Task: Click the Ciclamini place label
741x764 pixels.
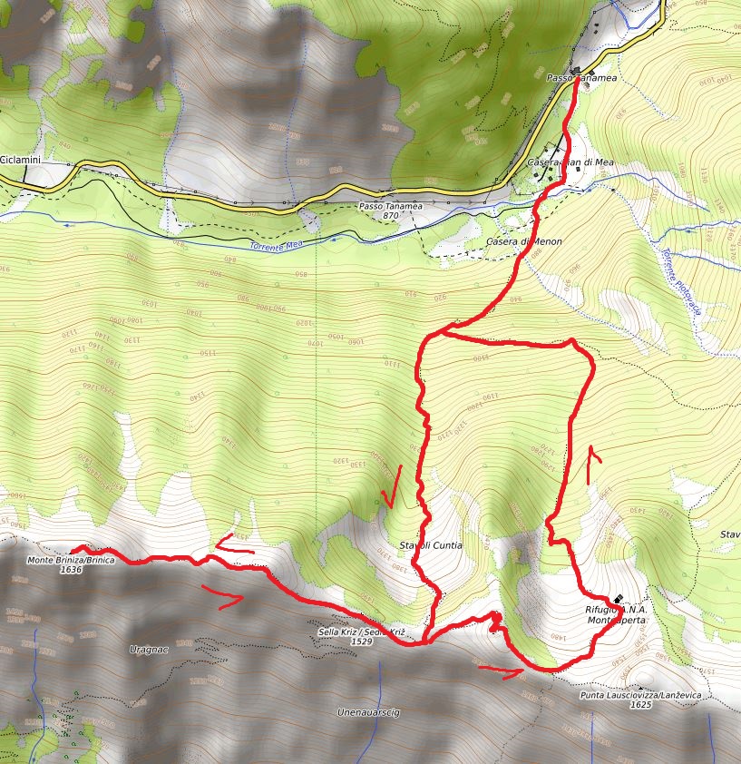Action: (20, 160)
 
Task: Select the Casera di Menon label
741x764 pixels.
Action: (524, 242)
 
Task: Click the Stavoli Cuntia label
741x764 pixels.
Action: (431, 545)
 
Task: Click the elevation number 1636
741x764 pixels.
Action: (71, 571)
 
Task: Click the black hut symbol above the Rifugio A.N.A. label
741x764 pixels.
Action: (618, 599)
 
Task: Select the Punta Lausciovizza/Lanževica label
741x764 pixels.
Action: (640, 695)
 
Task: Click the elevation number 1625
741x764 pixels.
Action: (641, 705)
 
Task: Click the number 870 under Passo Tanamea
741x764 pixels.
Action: (391, 217)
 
